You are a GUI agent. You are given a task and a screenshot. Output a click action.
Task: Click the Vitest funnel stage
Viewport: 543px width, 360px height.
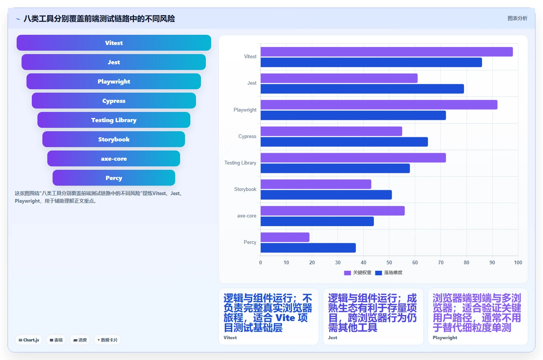pyautogui.click(x=114, y=43)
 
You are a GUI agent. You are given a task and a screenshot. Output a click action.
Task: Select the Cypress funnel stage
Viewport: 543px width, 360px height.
pyautogui.click(x=114, y=101)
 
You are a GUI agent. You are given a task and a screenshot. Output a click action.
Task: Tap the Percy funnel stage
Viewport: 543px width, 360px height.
pyautogui.click(x=114, y=178)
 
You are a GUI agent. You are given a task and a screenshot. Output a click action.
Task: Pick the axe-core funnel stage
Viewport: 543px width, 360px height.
pyautogui.click(x=114, y=158)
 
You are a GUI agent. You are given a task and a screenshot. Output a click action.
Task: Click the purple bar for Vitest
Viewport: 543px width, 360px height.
pyautogui.click(x=387, y=52)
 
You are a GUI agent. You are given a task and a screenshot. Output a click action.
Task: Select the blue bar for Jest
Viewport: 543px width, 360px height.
pyautogui.click(x=362, y=89)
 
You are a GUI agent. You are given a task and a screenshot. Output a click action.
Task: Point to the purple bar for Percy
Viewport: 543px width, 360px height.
pyautogui.click(x=285, y=237)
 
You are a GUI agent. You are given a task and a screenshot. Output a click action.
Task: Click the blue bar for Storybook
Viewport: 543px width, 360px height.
pyautogui.click(x=326, y=195)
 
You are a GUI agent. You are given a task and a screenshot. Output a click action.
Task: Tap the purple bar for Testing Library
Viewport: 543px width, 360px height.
pyautogui.click(x=353, y=158)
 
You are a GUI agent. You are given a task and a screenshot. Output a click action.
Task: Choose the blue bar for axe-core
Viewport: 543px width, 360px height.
pyautogui.click(x=317, y=222)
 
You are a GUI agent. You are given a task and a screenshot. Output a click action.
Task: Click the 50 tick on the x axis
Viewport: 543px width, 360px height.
pyautogui.click(x=389, y=262)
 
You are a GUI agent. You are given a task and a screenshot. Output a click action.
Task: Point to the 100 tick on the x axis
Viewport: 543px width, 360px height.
pyautogui.click(x=518, y=262)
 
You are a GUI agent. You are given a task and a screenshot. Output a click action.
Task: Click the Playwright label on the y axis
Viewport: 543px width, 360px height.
pyautogui.click(x=245, y=110)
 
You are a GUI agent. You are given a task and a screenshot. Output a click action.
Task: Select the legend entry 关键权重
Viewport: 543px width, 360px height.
pyautogui.click(x=358, y=273)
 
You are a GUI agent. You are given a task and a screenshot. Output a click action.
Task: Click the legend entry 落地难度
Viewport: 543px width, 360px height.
pyautogui.click(x=389, y=273)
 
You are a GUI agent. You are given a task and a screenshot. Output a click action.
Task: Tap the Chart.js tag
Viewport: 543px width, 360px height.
pyautogui.click(x=29, y=340)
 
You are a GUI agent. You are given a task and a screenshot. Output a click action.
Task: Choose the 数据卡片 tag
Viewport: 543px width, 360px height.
pyautogui.click(x=107, y=340)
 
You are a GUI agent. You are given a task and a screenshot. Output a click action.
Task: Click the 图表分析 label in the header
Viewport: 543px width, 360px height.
pyautogui.click(x=517, y=19)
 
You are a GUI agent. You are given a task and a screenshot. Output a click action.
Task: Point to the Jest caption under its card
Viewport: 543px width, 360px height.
pyautogui.click(x=333, y=337)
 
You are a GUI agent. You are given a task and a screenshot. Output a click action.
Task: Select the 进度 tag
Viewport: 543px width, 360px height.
pyautogui.click(x=80, y=340)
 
